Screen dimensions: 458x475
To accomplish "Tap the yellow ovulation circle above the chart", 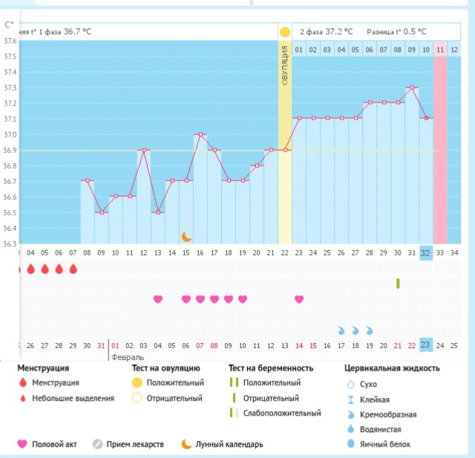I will [285, 33].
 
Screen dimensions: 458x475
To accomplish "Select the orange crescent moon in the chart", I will [186, 236].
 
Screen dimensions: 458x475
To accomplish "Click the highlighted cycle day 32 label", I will [425, 252].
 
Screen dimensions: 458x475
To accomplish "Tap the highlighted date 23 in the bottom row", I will [425, 344].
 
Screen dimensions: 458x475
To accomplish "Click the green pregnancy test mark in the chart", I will [398, 283].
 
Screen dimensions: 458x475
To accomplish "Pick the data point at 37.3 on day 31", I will [412, 88].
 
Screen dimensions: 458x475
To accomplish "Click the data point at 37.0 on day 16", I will [200, 134].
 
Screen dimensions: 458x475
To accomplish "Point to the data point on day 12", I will [144, 150].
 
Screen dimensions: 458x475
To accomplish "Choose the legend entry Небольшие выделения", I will [73, 398].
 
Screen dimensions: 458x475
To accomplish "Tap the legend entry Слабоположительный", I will [292, 413].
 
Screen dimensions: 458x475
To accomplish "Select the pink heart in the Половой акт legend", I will [22, 444].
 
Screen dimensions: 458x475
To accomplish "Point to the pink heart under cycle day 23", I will [299, 299].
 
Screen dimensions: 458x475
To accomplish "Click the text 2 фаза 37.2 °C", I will [326, 33].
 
